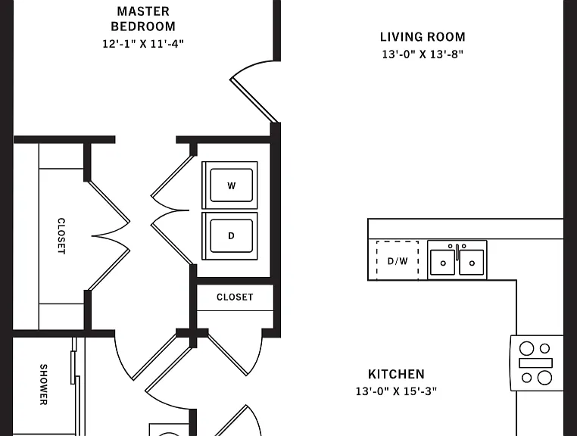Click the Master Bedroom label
(x=143, y=19)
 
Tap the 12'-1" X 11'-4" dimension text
(x=143, y=44)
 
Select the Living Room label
(x=423, y=37)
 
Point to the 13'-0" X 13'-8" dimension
(x=423, y=54)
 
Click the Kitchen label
(x=396, y=374)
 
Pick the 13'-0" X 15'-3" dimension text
(x=396, y=391)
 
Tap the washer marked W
(x=230, y=185)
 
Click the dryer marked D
(x=230, y=236)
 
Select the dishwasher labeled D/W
(x=398, y=260)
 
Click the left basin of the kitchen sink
(x=443, y=262)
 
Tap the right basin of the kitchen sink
(x=472, y=262)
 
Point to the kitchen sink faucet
(x=457, y=251)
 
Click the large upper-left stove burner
(x=526, y=348)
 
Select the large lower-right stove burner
(x=544, y=378)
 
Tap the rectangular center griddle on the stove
(x=535, y=363)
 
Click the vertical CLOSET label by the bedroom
(x=61, y=236)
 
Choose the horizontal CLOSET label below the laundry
(x=235, y=297)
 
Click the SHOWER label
(x=43, y=385)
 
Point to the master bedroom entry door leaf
(x=253, y=100)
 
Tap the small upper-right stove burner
(x=544, y=348)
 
